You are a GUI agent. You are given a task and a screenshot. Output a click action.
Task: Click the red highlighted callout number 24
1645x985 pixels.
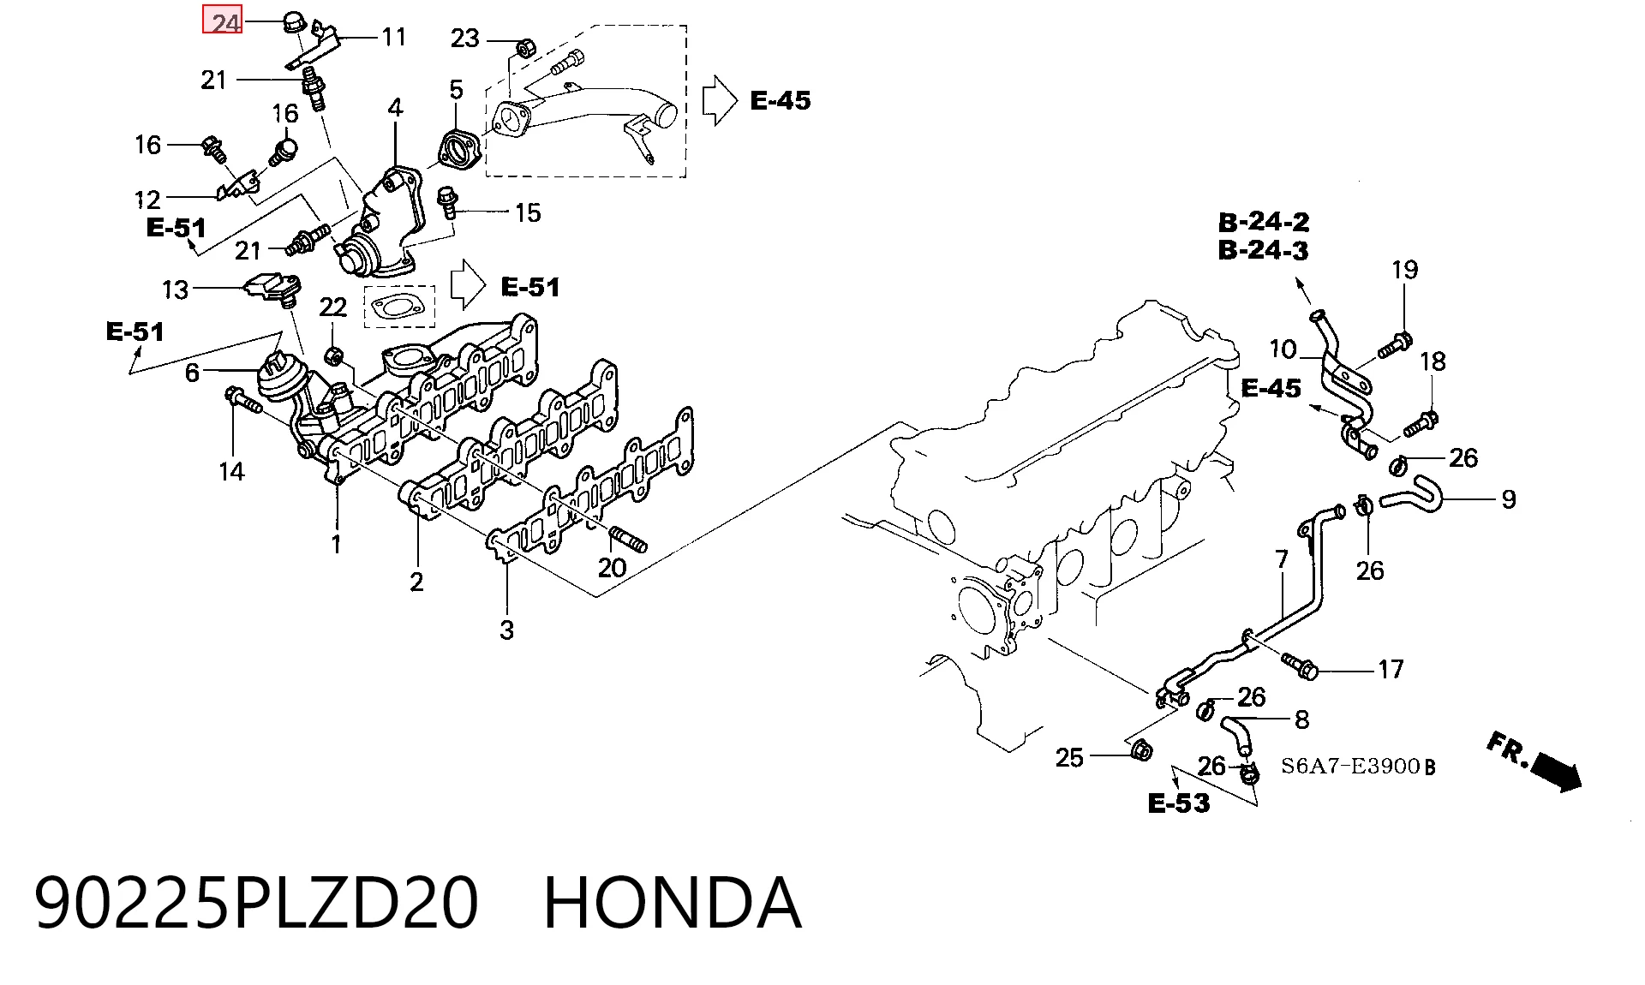click(x=223, y=21)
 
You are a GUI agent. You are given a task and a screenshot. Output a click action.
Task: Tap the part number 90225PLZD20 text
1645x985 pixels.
click(x=256, y=903)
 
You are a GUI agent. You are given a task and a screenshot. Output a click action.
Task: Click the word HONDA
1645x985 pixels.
click(x=673, y=903)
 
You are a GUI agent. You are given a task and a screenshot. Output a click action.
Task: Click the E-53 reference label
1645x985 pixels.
click(x=1179, y=803)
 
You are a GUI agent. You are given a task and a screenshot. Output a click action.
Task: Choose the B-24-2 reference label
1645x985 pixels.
click(x=1264, y=222)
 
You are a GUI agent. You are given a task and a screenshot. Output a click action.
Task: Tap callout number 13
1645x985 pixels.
click(x=175, y=290)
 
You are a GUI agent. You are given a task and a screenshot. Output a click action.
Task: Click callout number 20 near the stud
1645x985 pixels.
click(x=612, y=567)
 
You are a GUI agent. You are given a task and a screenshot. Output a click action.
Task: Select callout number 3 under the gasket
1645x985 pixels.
click(x=506, y=630)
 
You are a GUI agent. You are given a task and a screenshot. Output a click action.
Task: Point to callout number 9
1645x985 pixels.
click(x=1509, y=499)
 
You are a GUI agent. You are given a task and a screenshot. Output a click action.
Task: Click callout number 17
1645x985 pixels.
click(x=1391, y=669)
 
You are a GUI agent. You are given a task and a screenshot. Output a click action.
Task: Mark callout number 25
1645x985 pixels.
click(x=1069, y=757)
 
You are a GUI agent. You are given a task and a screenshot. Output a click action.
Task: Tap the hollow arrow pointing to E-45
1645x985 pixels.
click(x=719, y=101)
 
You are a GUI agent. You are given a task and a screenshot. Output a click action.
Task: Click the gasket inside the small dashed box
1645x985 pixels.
click(x=399, y=307)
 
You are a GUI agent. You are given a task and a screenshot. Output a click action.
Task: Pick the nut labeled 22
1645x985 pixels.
click(x=335, y=354)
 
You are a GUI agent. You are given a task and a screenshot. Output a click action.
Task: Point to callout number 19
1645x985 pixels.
click(x=1404, y=270)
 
